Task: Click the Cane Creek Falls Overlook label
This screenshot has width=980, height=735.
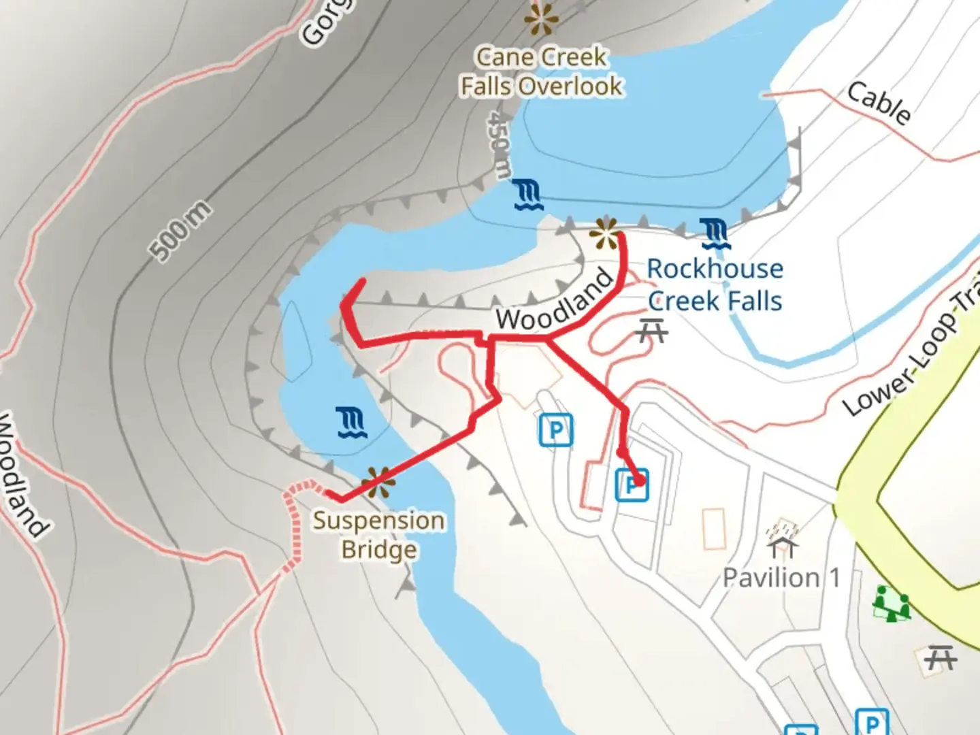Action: pyautogui.click(x=541, y=71)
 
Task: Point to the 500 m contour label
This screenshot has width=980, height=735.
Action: pyautogui.click(x=180, y=231)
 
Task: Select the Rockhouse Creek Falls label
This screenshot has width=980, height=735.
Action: pyautogui.click(x=715, y=284)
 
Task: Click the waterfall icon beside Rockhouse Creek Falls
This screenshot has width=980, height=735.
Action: pyautogui.click(x=715, y=233)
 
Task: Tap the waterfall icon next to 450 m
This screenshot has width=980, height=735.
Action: pyautogui.click(x=527, y=195)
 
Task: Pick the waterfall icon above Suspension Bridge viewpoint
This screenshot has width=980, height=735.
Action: pyautogui.click(x=352, y=423)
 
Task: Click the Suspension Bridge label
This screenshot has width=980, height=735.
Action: pyautogui.click(x=378, y=535)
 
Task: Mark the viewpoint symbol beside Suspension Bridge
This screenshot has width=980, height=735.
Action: pyautogui.click(x=378, y=482)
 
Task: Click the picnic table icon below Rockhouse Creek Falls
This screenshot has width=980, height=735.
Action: pyautogui.click(x=653, y=331)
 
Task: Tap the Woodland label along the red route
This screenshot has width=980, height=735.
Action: pyautogui.click(x=555, y=300)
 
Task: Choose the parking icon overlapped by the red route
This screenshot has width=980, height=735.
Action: pyautogui.click(x=632, y=485)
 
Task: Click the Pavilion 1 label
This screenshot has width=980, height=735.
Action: pyautogui.click(x=781, y=578)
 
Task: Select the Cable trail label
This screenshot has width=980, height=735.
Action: pyautogui.click(x=879, y=103)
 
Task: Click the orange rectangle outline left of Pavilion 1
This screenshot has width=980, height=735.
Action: pyautogui.click(x=714, y=528)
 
